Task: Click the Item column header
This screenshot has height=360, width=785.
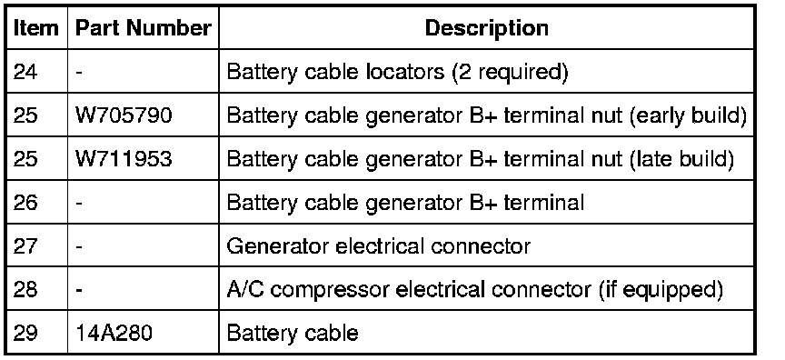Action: point(35,28)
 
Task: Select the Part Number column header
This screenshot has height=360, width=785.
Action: point(144,28)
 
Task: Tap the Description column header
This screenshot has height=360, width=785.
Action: point(487,28)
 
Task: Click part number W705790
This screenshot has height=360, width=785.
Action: point(124,115)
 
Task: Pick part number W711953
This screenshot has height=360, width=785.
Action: point(124,159)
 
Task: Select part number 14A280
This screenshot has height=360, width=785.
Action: point(114,333)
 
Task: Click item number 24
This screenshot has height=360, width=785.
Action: point(25,72)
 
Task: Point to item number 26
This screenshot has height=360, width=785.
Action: point(25,203)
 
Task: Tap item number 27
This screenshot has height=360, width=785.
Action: point(25,246)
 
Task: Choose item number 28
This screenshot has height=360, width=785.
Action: point(25,290)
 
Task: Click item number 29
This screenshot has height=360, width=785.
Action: point(25,333)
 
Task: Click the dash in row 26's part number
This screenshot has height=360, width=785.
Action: point(79,204)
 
